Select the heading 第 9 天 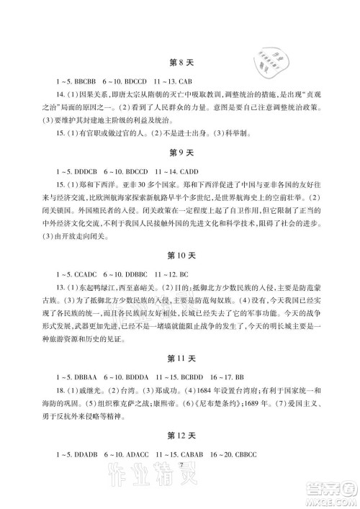tap(179, 154)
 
